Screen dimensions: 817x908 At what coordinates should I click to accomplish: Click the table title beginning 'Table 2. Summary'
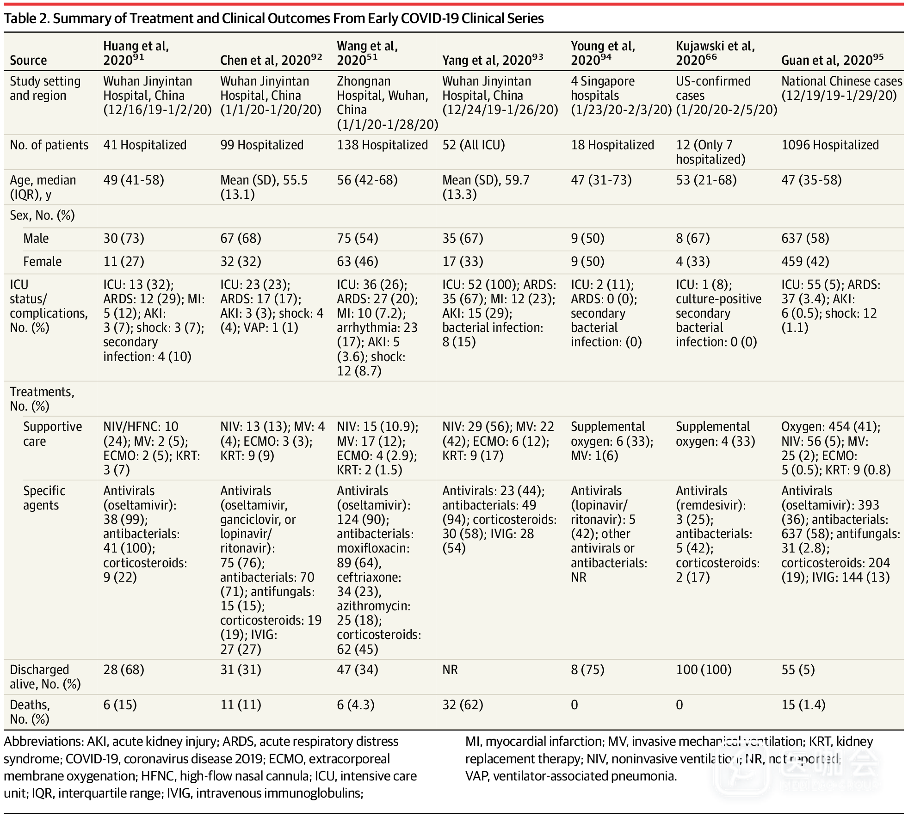point(274,18)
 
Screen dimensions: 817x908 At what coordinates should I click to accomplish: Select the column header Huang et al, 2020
point(136,53)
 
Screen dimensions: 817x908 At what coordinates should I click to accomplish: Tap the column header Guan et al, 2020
point(832,60)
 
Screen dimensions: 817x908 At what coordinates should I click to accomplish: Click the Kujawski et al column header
point(715,53)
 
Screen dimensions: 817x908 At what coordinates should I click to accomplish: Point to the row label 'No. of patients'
point(49,145)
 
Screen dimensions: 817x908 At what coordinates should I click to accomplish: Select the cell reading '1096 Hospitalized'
point(830,145)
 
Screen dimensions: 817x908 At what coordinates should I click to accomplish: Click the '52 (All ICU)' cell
point(473,145)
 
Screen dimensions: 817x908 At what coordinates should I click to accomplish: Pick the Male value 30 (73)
point(124,239)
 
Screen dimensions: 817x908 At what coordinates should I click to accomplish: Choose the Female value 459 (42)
point(805,262)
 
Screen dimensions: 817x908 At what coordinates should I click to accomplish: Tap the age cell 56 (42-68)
point(367,180)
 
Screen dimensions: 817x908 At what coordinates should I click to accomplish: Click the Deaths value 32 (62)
point(463,705)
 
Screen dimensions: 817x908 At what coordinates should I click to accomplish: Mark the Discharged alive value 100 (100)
point(703,670)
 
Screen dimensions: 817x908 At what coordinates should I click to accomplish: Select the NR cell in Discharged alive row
point(450,670)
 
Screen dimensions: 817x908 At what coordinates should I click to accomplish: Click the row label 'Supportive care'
point(52,434)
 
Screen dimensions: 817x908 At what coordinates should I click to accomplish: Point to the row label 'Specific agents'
point(44,498)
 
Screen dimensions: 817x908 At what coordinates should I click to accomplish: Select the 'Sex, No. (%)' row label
point(42,215)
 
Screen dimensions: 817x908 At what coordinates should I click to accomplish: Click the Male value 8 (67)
point(692,239)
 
